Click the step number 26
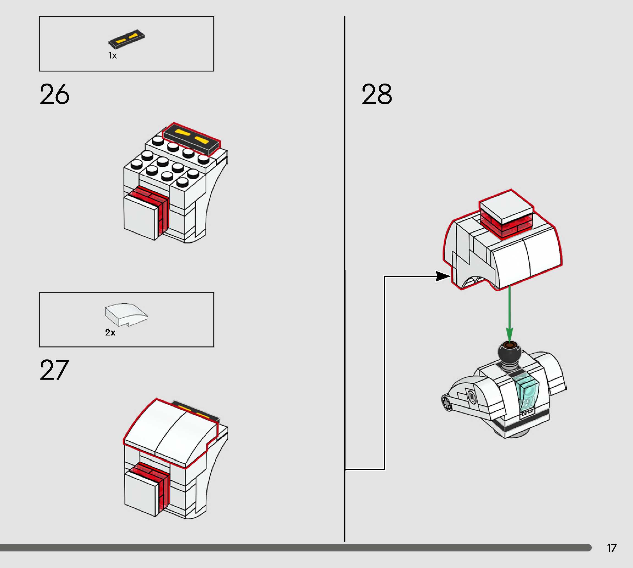[x=54, y=94]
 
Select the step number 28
[x=377, y=94]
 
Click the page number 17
[x=612, y=548]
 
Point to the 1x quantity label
[x=112, y=56]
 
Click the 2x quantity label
[x=110, y=333]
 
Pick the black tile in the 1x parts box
[x=126, y=39]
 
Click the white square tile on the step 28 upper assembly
[x=506, y=206]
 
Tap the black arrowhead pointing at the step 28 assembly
[x=443, y=276]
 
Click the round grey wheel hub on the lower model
[x=447, y=403]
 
